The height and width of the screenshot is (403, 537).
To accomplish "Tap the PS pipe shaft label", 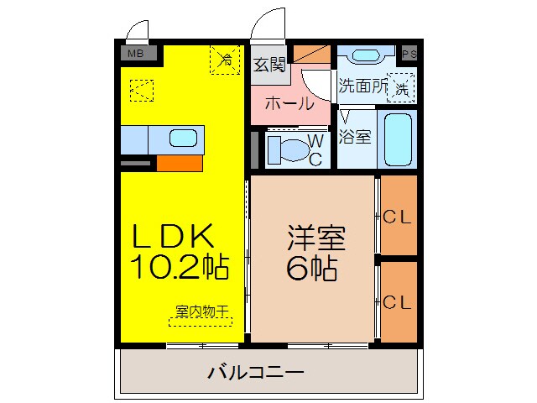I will pos(409,54).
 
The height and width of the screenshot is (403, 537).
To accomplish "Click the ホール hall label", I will pos(289,105).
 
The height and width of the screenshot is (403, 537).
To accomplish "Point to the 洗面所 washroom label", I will pos(362,86).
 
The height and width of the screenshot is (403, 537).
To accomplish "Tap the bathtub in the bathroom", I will pos(398,139).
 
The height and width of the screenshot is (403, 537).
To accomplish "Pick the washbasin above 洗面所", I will pos(365,56).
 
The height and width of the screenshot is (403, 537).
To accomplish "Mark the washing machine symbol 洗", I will pos(401,87).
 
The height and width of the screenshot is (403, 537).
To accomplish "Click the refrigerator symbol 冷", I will pos(226,60).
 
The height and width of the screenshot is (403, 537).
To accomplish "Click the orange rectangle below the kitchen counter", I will pos(178,163).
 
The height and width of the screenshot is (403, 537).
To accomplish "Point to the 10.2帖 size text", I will pos(180,269).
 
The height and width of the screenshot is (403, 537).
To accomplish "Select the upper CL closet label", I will pos(398,217).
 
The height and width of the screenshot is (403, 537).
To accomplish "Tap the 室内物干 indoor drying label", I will pos(201,311).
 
